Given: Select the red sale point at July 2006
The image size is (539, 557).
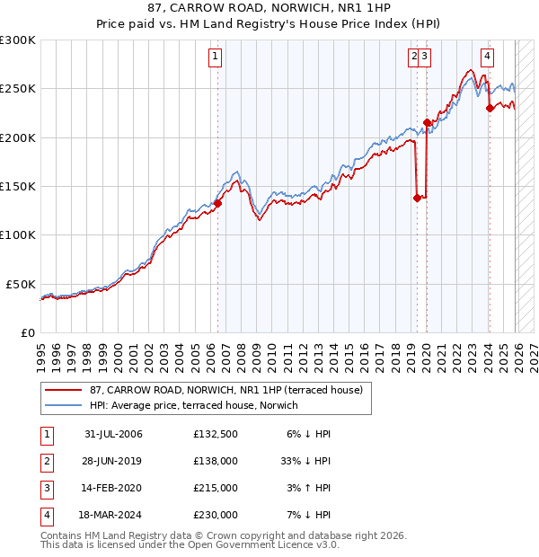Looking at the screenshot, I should (217, 203).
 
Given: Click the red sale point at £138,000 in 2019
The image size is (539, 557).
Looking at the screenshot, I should (417, 198).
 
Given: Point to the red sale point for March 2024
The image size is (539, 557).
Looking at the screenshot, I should (490, 108).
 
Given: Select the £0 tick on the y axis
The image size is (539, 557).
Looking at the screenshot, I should (30, 332).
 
